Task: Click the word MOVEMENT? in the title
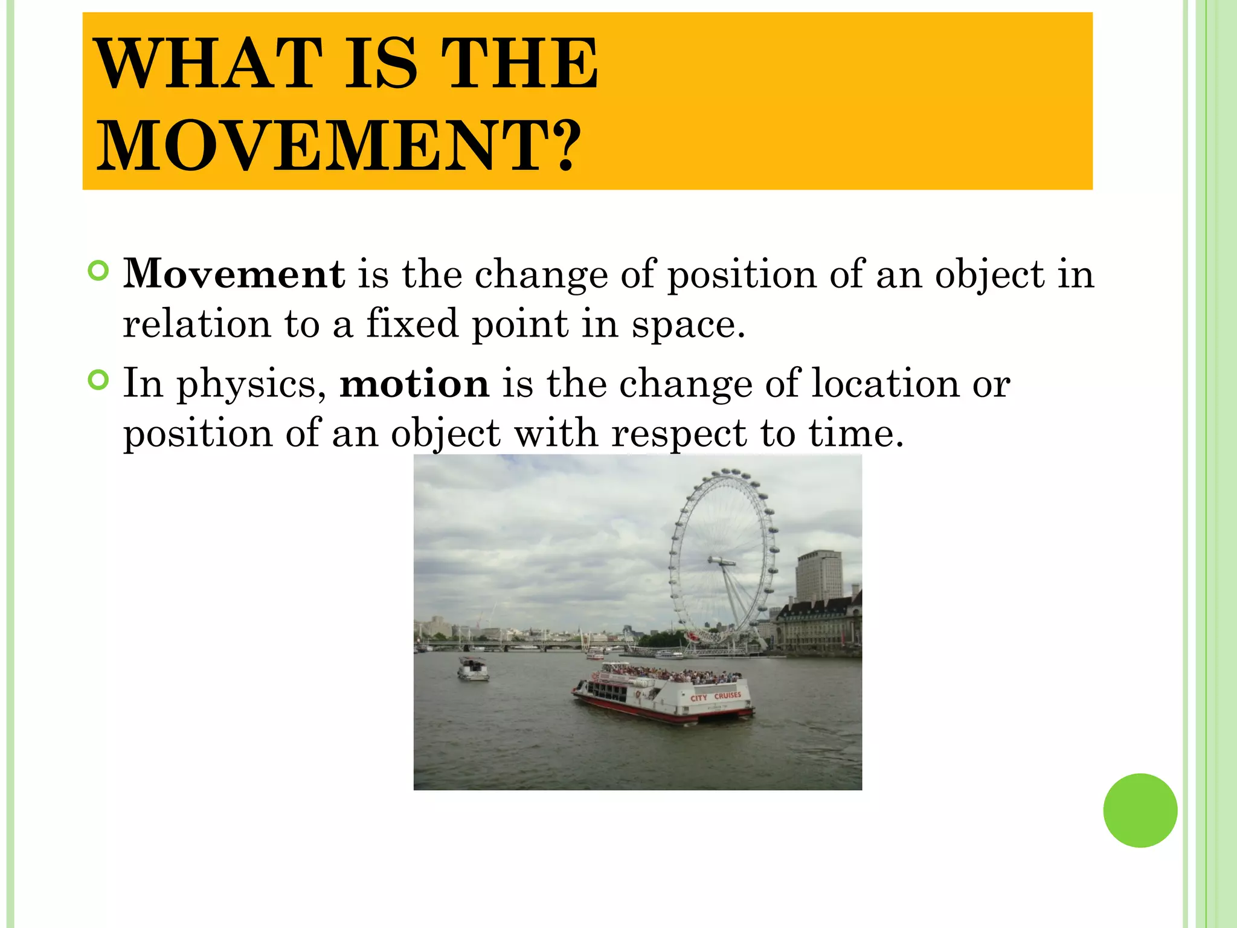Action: [x=338, y=145]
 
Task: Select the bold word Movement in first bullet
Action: [x=234, y=274]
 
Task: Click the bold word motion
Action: [x=414, y=384]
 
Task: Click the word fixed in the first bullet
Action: [x=412, y=323]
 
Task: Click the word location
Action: [x=885, y=384]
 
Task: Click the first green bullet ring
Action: [x=98, y=271]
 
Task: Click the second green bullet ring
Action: [x=98, y=381]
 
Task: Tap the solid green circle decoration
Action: [x=1140, y=810]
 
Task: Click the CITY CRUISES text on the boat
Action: [x=716, y=696]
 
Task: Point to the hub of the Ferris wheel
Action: [x=722, y=562]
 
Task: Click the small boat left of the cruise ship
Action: [x=473, y=669]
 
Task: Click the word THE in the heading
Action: [x=519, y=63]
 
